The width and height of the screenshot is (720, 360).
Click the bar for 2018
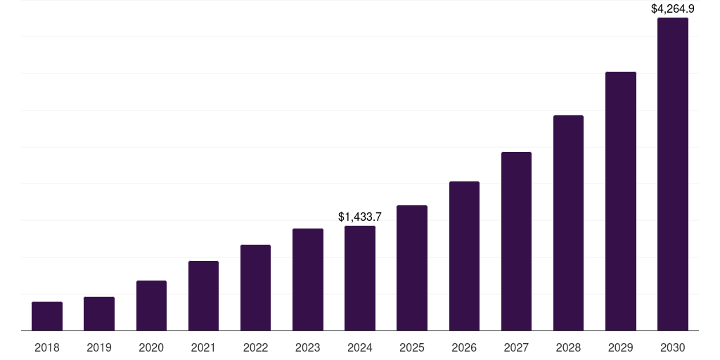(47, 316)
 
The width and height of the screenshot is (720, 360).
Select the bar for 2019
(99, 314)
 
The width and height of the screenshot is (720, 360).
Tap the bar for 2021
(203, 295)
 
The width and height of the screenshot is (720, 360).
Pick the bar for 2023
(308, 279)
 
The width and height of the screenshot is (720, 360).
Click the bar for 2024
(360, 278)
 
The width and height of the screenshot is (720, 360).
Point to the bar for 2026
(464, 256)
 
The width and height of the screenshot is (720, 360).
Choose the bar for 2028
(568, 223)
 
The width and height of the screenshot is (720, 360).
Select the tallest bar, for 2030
(672, 174)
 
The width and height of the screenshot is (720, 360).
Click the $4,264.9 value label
(672, 9)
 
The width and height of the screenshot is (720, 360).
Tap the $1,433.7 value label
(360, 217)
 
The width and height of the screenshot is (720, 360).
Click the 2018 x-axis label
(47, 347)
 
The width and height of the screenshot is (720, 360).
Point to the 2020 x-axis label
(151, 347)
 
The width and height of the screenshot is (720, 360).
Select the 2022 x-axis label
(255, 347)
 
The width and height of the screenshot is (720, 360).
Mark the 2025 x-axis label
(412, 347)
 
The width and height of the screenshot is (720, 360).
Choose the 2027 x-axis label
(516, 347)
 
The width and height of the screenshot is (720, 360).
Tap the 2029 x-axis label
(620, 347)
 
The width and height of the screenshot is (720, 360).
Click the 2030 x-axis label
(672, 347)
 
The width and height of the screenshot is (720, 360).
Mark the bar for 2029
(620, 201)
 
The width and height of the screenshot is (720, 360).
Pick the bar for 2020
(151, 305)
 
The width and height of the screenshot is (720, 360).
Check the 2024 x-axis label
(360, 347)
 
